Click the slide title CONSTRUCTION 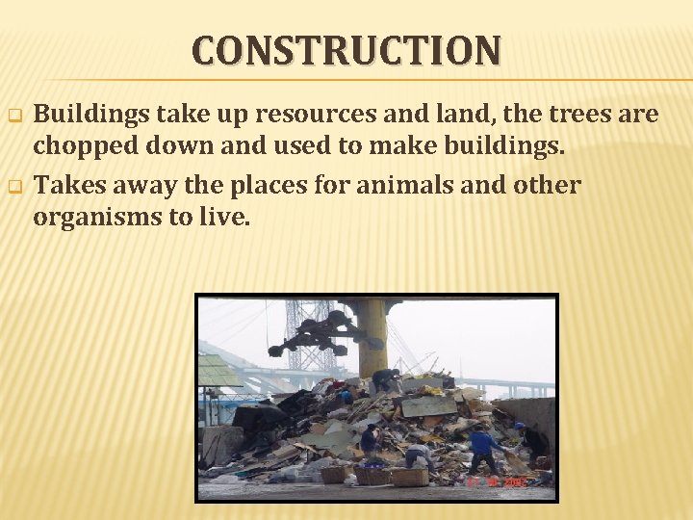pos(346,50)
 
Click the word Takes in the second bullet pos(70,184)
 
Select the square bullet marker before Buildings pos(14,117)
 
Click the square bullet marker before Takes pos(14,186)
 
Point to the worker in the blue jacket pos(482,449)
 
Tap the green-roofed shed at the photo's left pos(218,372)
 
